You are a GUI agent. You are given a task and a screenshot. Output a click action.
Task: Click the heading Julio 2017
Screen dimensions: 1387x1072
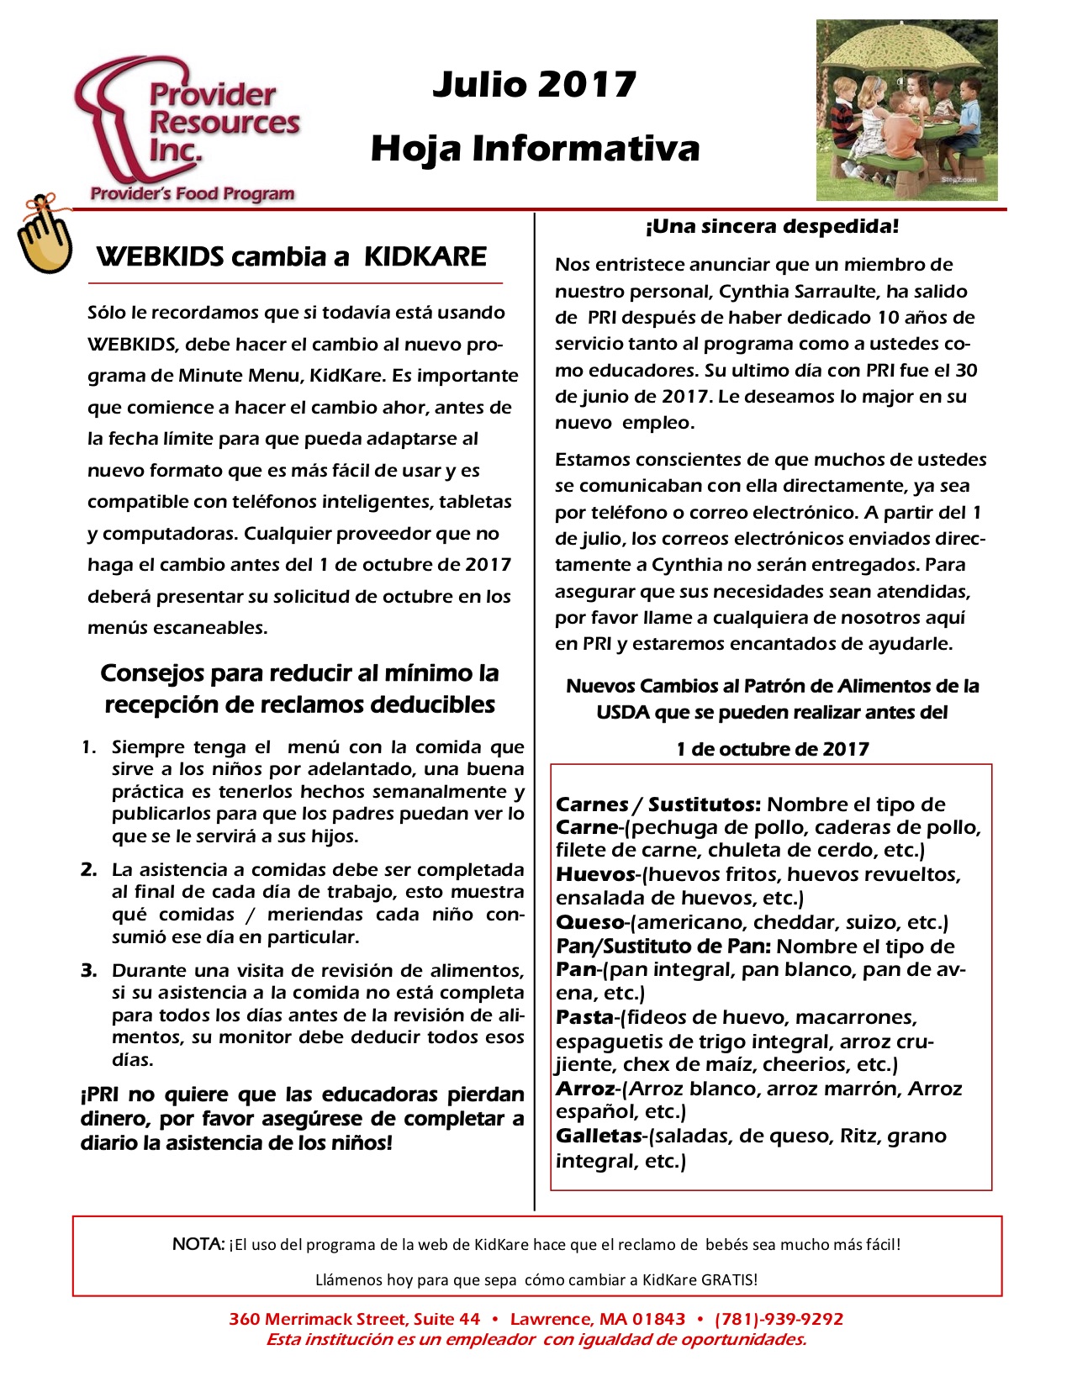coord(534,85)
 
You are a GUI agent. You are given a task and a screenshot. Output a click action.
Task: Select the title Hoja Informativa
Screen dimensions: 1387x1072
coord(535,149)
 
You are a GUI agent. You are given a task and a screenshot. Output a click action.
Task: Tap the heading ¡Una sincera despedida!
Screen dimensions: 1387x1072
coord(772,226)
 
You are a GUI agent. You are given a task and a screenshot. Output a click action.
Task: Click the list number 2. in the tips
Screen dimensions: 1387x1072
coord(89,869)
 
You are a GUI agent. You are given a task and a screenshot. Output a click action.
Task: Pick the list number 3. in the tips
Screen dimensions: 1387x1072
coord(89,970)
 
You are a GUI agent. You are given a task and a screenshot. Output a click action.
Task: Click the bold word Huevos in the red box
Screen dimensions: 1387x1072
coord(594,874)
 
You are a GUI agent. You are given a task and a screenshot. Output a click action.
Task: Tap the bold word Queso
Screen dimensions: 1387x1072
coord(589,922)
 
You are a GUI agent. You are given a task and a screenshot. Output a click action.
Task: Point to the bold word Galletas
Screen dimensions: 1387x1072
coord(598,1136)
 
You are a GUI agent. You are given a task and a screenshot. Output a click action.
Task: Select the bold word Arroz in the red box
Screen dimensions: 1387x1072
coord(586,1089)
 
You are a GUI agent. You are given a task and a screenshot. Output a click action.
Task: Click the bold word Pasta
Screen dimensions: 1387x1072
coord(584,1017)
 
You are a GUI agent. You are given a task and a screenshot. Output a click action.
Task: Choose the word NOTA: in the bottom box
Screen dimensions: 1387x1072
coord(198,1244)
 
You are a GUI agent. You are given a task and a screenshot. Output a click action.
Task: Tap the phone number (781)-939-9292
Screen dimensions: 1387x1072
coord(779,1319)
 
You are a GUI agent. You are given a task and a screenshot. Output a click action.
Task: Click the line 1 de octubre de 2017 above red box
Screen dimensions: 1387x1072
coord(772,749)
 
